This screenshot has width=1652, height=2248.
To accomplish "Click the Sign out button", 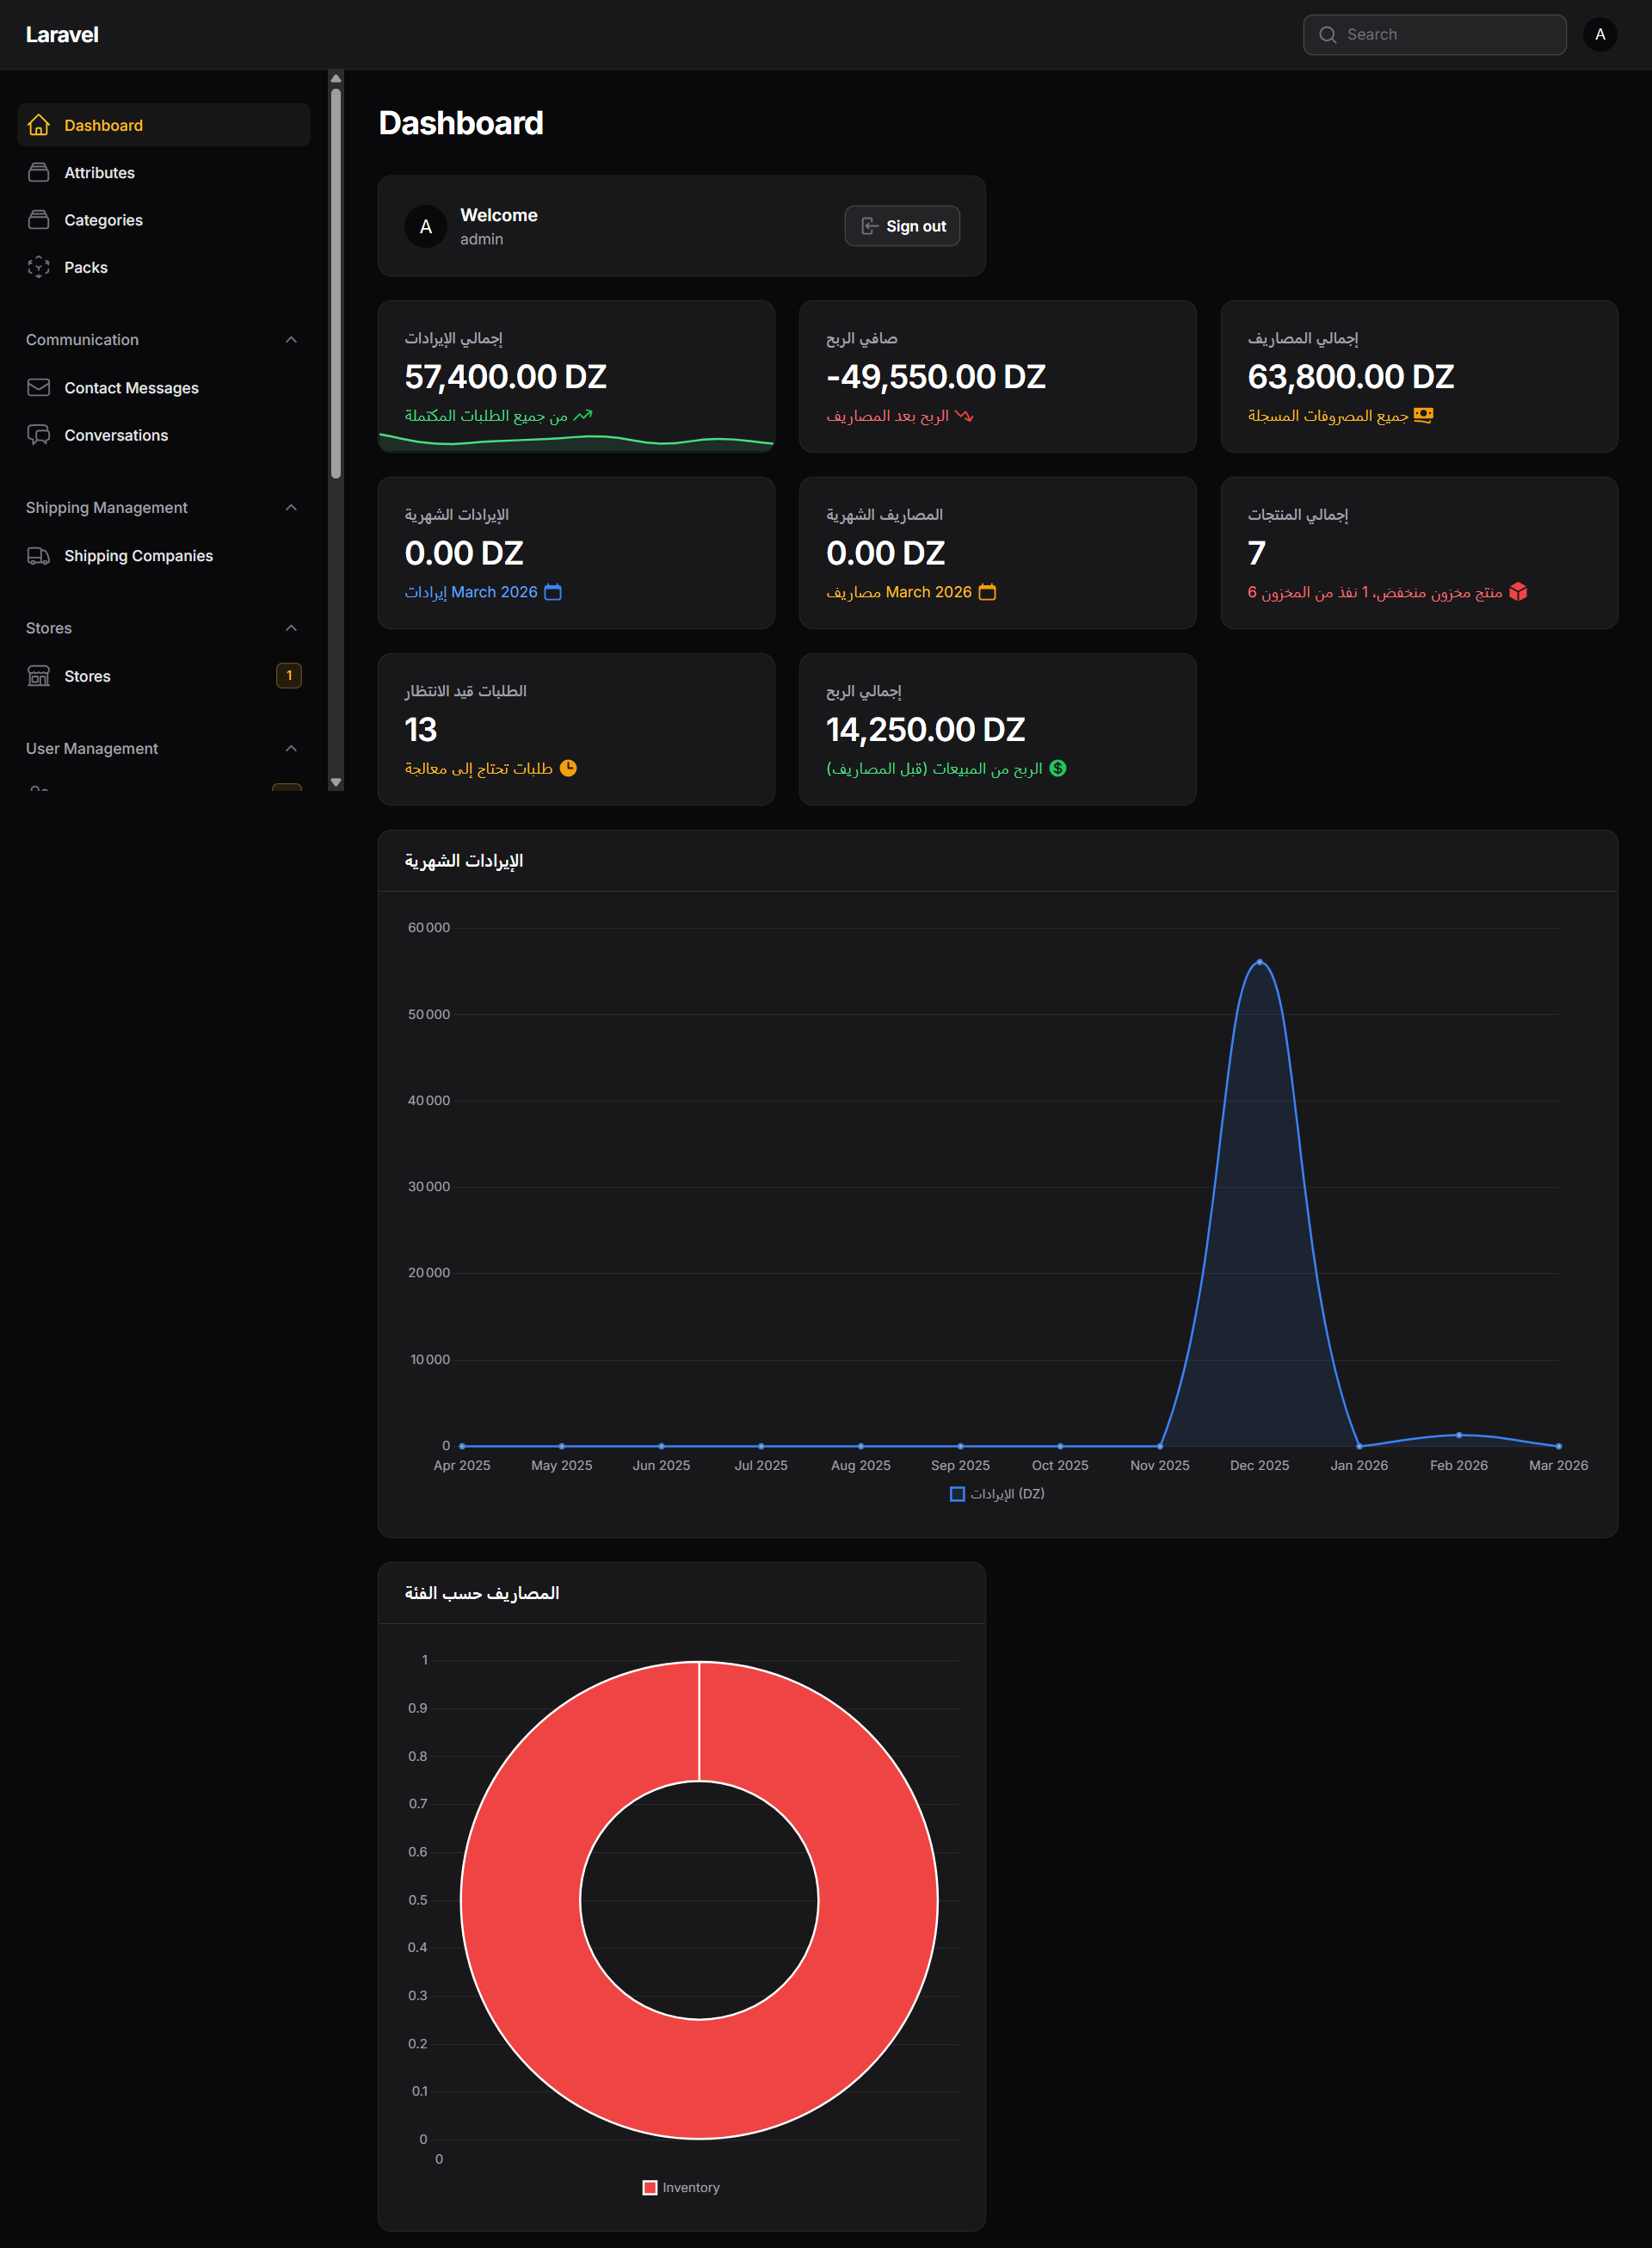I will coord(902,226).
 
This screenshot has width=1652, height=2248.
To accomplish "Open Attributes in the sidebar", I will coord(99,173).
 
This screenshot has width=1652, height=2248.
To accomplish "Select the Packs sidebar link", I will coord(86,267).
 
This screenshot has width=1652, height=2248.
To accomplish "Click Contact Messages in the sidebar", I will coord(131,388).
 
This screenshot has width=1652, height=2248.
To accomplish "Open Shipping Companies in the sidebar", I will coord(138,556).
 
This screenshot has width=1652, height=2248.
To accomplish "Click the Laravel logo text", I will coord(62,35).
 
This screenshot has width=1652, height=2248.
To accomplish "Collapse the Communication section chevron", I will coord(291,340).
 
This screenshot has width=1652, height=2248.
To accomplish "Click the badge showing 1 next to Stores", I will coord(289,676).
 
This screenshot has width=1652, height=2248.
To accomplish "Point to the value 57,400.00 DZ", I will coord(505,377).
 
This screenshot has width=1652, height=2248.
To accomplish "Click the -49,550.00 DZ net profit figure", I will coord(935,377).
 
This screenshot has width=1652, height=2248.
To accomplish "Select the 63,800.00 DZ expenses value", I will coord(1350,377).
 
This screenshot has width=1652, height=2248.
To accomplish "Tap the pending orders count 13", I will coord(421,730).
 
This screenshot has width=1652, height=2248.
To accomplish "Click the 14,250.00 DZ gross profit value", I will coord(925,730).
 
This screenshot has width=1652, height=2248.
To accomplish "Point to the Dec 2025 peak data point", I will coord(1259,962).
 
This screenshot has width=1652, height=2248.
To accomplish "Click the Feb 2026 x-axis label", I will coord(1458,1465).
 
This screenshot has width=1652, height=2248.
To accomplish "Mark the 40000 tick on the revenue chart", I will coord(429,1101).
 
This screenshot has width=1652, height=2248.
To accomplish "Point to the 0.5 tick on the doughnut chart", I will coord(418,1900).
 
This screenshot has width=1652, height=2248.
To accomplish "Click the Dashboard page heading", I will coord(461,123).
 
